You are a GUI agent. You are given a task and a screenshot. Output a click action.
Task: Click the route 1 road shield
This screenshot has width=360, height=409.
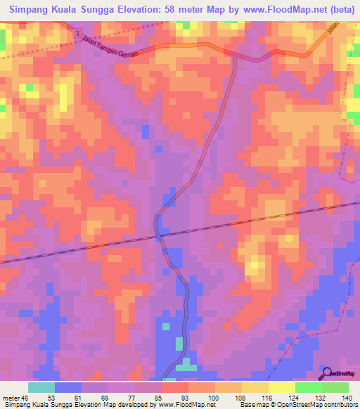(75, 34)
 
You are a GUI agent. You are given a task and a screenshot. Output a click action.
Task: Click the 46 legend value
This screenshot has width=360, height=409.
(27, 398)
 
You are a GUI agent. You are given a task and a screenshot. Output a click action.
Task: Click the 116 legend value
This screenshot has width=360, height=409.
(265, 398)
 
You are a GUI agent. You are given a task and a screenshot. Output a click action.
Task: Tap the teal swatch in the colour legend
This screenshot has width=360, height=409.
(41, 387)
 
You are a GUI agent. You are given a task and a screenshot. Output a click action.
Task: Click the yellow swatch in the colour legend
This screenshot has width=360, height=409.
(282, 387)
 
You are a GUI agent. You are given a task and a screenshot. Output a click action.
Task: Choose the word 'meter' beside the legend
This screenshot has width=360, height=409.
(11, 398)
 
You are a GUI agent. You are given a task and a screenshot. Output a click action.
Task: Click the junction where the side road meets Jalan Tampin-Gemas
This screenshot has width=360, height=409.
(233, 55)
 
